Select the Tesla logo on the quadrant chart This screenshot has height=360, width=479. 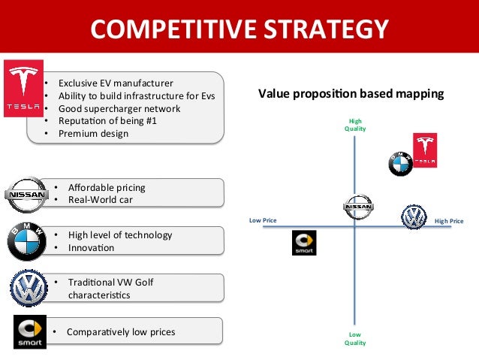(x=425, y=151)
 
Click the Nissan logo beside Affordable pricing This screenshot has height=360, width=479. (x=26, y=194)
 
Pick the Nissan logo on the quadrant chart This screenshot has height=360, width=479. (x=357, y=206)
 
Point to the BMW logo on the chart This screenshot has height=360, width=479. (x=400, y=163)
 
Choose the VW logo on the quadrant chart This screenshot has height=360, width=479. (x=413, y=217)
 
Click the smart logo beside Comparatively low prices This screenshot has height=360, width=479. (x=30, y=332)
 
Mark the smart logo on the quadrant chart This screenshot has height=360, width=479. (x=304, y=243)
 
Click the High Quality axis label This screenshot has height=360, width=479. (x=354, y=124)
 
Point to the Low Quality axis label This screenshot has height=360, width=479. (x=354, y=338)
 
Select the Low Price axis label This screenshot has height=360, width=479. (x=263, y=221)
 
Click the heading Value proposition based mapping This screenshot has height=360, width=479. (x=351, y=94)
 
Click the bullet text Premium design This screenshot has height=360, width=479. (x=94, y=134)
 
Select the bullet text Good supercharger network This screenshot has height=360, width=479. (x=119, y=108)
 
